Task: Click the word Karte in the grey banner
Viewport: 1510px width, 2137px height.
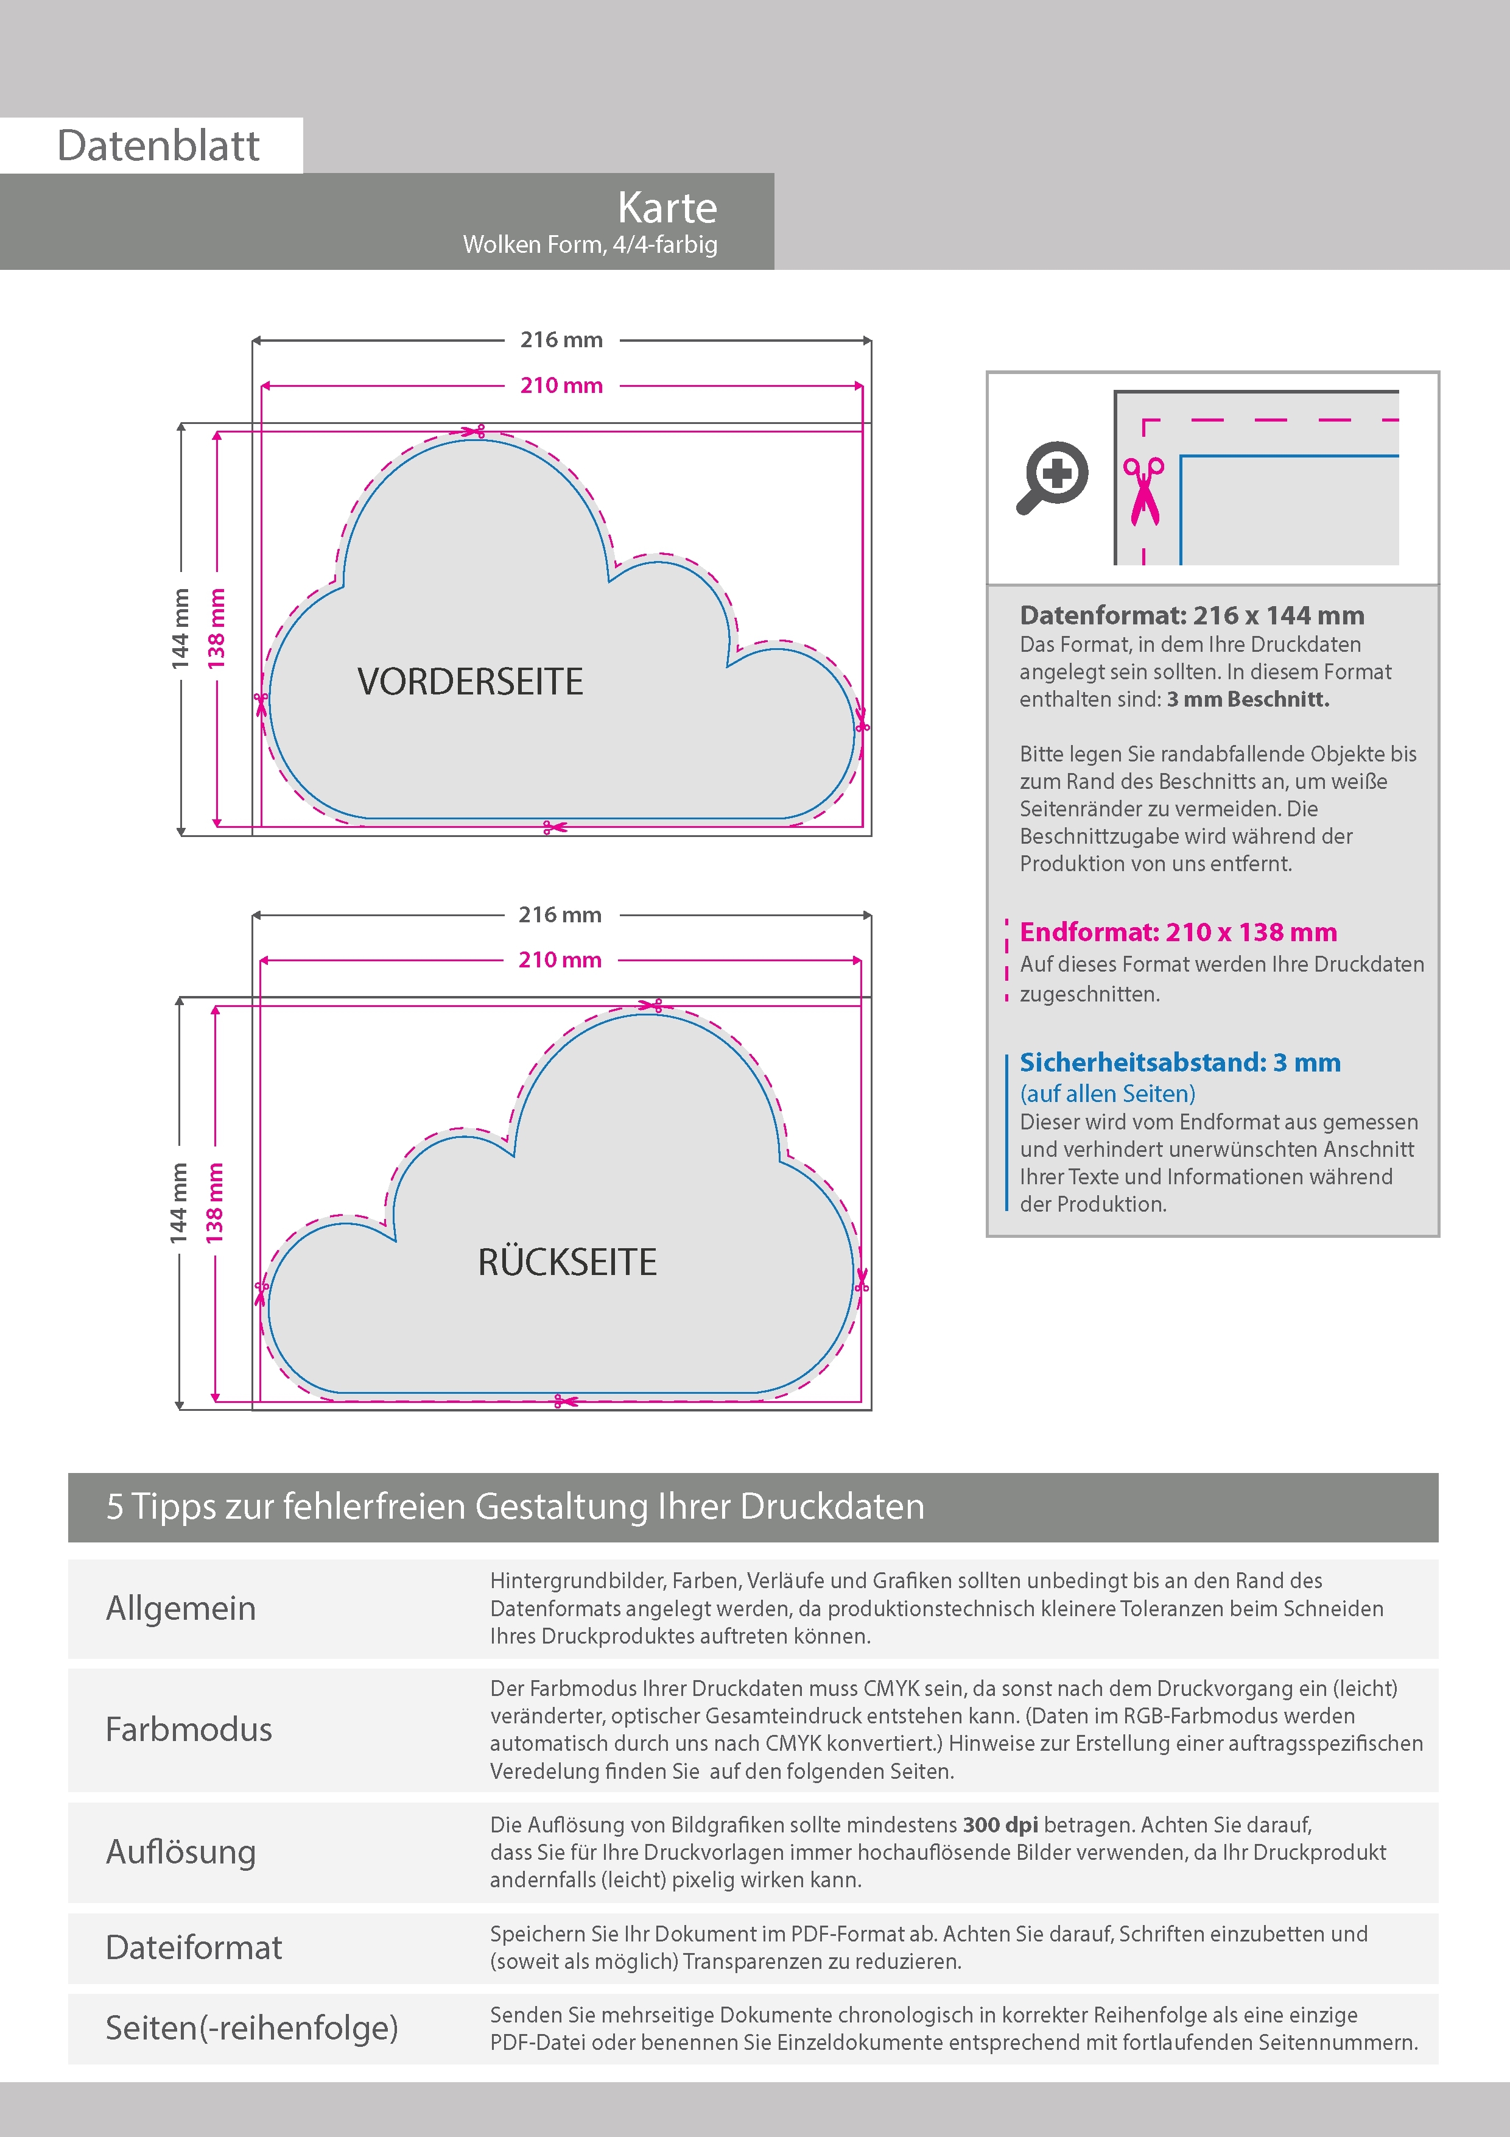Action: coord(667,208)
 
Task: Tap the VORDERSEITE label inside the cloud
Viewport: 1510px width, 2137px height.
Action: coord(470,681)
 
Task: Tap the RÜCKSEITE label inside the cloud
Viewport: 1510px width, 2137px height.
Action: coord(567,1262)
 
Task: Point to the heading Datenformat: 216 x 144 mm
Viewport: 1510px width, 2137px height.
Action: coord(1192,615)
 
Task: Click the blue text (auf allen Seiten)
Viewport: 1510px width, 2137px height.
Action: coord(1107,1093)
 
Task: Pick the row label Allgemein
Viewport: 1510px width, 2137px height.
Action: coord(180,1608)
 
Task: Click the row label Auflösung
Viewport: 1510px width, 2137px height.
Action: coord(180,1851)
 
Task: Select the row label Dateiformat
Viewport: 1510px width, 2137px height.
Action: coord(194,1947)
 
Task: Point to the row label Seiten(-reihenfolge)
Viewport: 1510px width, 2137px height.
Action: coord(251,2027)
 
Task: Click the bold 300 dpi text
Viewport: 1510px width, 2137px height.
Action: coord(1000,1824)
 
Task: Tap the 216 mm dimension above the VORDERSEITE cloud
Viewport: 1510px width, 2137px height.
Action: coord(561,340)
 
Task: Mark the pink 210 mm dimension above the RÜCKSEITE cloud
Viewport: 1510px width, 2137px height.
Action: coord(560,959)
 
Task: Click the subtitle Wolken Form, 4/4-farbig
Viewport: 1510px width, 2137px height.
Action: coord(590,245)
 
